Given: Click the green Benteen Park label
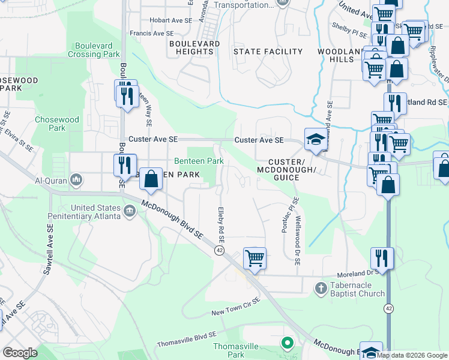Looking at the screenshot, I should tap(199, 161).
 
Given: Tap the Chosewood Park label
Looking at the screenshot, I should tap(57, 124).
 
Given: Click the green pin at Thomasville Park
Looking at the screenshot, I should tap(287, 343).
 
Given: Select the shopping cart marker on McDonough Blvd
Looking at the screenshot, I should tap(255, 259).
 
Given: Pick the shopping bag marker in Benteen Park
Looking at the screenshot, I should tap(151, 179).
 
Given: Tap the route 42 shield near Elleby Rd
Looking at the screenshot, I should tap(220, 250).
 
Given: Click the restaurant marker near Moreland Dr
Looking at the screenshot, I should tap(382, 259).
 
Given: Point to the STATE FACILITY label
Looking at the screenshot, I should tap(268, 52).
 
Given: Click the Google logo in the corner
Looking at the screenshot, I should tap(20, 353).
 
